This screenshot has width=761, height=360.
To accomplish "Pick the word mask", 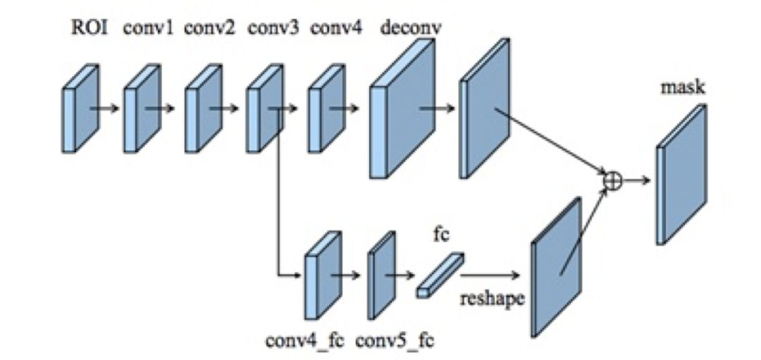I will pos(683,89).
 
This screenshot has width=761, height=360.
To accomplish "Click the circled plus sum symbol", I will pos(614,180).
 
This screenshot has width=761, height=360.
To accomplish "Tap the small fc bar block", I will pos(440,275).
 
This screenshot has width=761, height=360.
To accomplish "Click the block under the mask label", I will pos(681,176).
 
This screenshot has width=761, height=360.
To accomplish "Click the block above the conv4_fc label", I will pos(322,276).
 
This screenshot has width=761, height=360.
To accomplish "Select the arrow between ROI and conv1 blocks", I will pos(104,109).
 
